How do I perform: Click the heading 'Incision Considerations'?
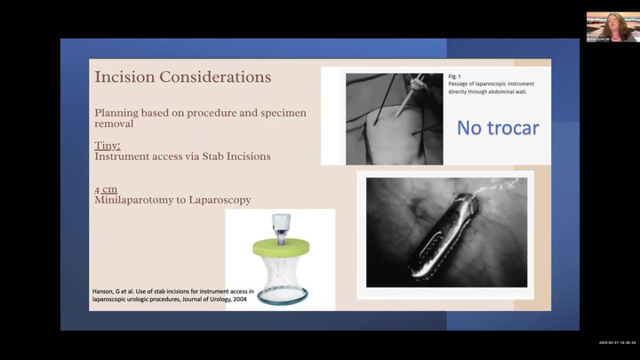182,77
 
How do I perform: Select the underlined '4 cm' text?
106,189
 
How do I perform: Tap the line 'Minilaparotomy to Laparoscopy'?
171,201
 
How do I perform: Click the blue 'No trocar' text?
497,128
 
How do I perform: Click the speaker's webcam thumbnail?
609,26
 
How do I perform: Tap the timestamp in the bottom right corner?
616,343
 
